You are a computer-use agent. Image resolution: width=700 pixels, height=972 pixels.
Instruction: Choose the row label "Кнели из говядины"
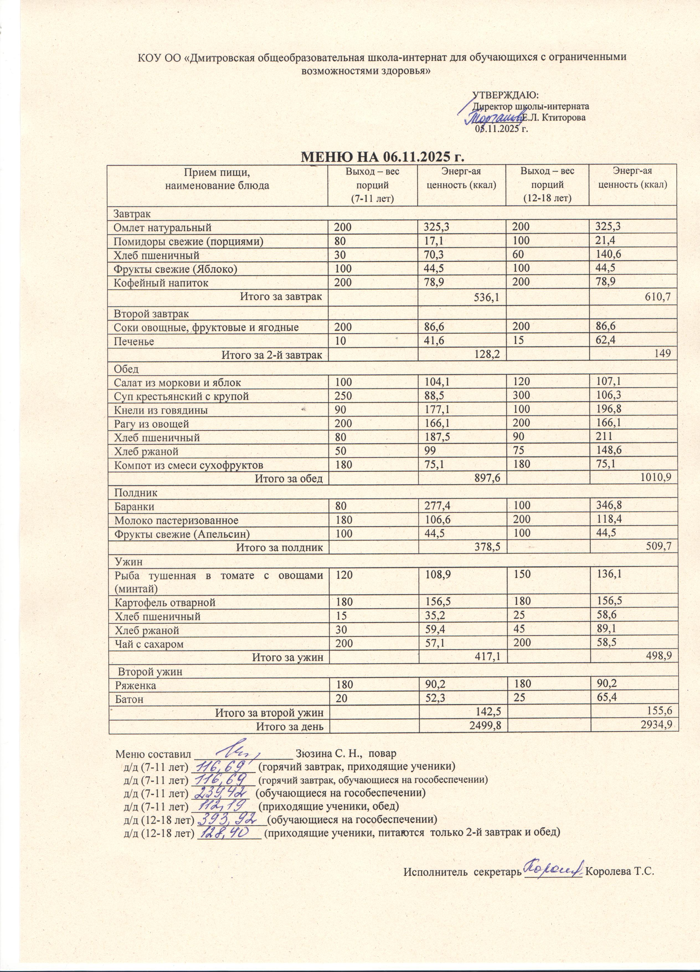click(161, 410)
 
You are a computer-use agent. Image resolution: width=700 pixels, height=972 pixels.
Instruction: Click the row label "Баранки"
click(134, 507)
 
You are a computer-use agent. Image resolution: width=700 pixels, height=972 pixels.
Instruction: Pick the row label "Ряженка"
click(135, 685)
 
